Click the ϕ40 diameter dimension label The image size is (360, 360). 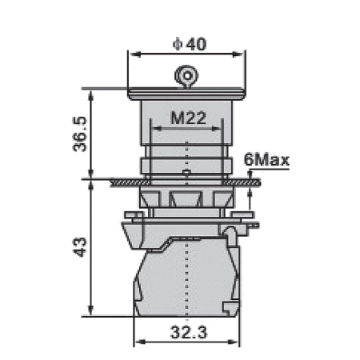pyautogui.click(x=190, y=44)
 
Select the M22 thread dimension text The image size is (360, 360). pyautogui.click(x=188, y=118)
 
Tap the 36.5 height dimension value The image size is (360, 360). pyautogui.click(x=80, y=134)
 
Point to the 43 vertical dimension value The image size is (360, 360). pyautogui.click(x=80, y=247)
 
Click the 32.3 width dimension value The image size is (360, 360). pyautogui.click(x=189, y=333)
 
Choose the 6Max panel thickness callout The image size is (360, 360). pyautogui.click(x=266, y=160)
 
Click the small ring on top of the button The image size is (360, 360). pyautogui.click(x=187, y=76)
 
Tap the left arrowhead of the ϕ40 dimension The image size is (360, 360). pyautogui.click(x=135, y=54)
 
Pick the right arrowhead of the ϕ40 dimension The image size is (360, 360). pyautogui.click(x=238, y=54)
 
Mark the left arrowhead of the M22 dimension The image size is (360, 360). pyautogui.click(x=158, y=129)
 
